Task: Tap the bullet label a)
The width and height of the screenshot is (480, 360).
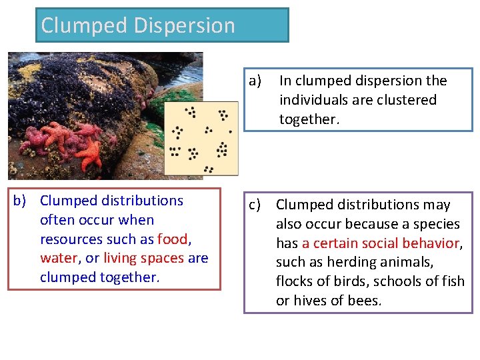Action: (x=255, y=81)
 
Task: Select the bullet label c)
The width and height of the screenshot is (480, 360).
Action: (x=255, y=205)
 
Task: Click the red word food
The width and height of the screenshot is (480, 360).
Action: (x=173, y=239)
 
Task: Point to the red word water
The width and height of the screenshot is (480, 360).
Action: (x=58, y=258)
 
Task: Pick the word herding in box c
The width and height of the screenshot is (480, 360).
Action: (x=354, y=262)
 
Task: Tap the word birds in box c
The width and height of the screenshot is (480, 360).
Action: (x=345, y=281)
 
